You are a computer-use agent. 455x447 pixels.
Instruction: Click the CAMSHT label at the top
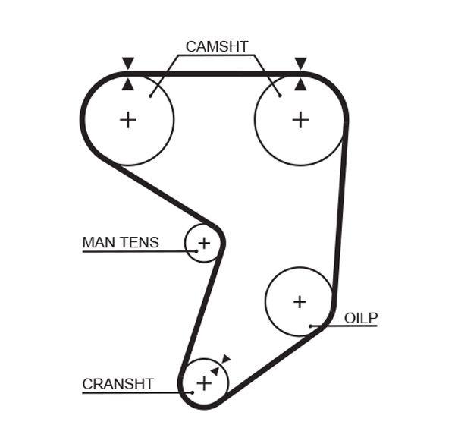click(217, 46)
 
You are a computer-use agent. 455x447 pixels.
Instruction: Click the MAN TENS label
click(121, 243)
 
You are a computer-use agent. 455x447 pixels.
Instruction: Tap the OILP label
click(360, 318)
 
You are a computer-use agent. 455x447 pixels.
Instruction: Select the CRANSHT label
click(118, 384)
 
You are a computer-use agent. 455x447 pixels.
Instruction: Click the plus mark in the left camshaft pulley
click(128, 119)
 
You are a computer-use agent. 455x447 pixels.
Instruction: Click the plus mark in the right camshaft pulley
click(301, 119)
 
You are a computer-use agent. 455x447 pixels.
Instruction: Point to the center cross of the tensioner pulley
click(203, 244)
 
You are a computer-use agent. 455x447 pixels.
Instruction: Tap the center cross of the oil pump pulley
click(300, 302)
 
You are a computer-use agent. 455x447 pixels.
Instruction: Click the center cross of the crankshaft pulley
click(204, 383)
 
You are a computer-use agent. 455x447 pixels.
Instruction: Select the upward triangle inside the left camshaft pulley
click(128, 84)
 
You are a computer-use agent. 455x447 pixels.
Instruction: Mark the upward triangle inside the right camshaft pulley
click(301, 84)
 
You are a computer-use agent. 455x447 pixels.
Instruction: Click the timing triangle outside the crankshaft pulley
click(226, 359)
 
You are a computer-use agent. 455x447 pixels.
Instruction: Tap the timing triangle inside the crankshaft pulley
click(215, 370)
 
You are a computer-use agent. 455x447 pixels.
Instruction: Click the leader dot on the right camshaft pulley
click(280, 95)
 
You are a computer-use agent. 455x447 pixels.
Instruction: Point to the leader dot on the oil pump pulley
click(311, 326)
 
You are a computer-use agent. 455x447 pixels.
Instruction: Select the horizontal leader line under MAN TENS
click(136, 251)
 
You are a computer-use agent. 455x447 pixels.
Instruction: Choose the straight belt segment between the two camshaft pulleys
click(215, 74)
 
